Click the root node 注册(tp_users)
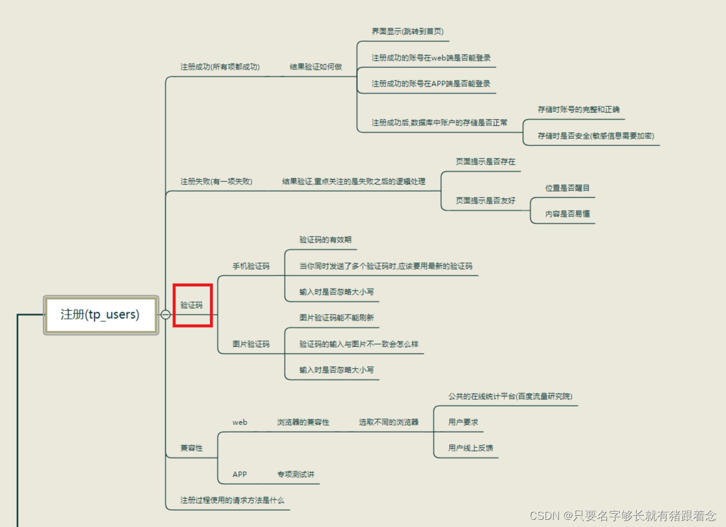click(100, 314)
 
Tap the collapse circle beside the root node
click(165, 314)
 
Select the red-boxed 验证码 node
click(192, 305)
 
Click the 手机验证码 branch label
click(251, 266)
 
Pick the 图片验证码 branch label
click(251, 344)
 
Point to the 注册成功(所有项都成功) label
click(220, 67)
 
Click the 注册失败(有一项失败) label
click(216, 181)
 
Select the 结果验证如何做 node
click(315, 67)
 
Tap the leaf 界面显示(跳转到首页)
click(407, 31)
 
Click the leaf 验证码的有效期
click(325, 239)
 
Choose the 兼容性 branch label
click(192, 448)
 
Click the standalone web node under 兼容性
click(240, 422)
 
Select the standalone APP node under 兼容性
click(240, 474)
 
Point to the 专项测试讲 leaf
click(295, 474)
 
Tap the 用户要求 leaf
click(463, 422)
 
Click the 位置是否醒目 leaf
click(567, 188)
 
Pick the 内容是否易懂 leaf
click(567, 214)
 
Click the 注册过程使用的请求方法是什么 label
click(232, 500)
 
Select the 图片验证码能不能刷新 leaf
click(336, 318)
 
